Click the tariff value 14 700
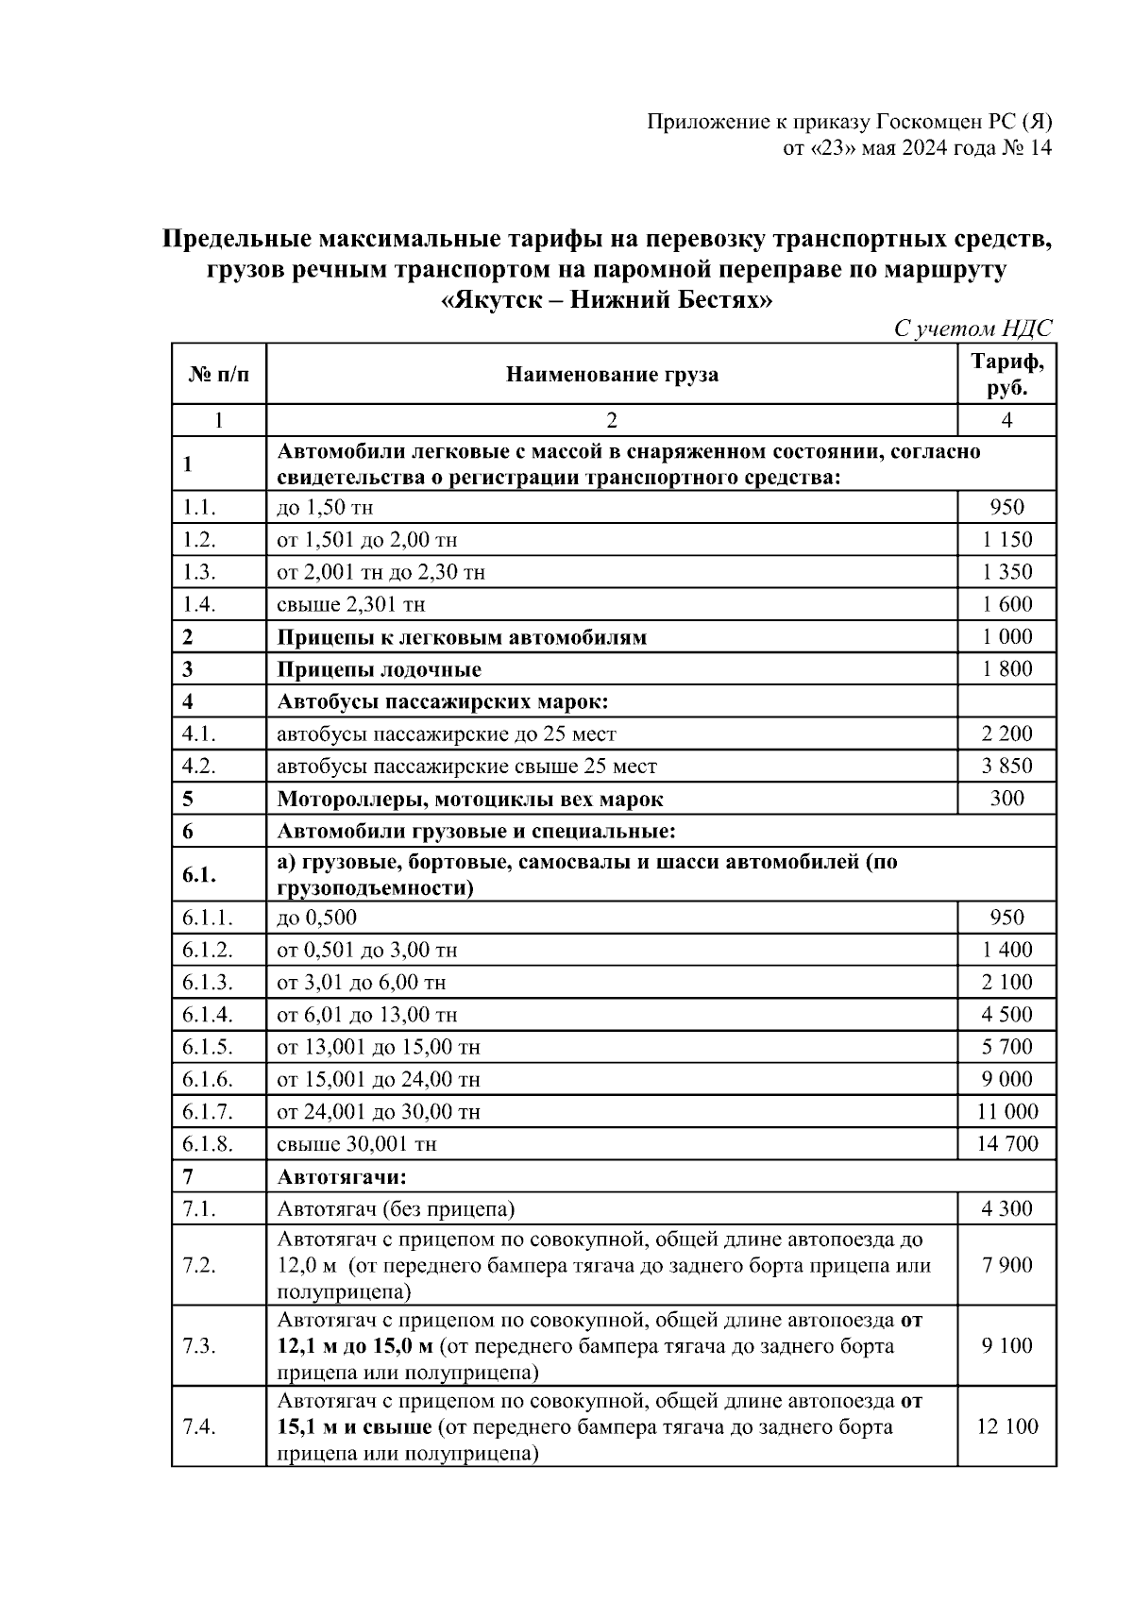click(1006, 1144)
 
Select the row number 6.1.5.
click(208, 1047)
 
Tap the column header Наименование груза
click(612, 375)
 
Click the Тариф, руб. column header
click(1006, 375)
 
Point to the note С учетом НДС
click(972, 329)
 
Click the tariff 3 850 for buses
click(1006, 766)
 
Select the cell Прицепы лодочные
click(379, 669)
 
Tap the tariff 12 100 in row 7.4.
click(1006, 1426)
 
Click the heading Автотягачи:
click(341, 1177)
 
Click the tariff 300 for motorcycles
click(1006, 799)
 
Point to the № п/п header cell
click(219, 375)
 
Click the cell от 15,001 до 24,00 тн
click(378, 1079)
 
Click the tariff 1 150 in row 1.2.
click(1006, 540)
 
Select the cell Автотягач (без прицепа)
click(396, 1209)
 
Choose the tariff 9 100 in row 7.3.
click(1006, 1345)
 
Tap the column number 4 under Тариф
click(1006, 420)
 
